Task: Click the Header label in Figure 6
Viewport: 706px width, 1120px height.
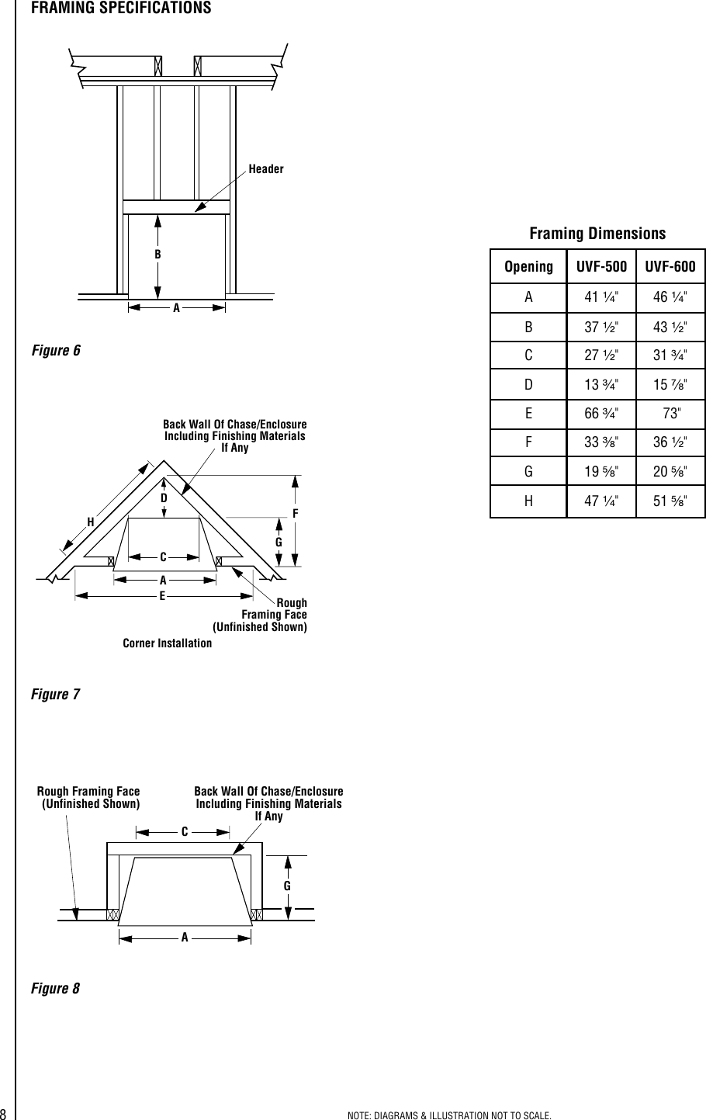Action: (x=266, y=169)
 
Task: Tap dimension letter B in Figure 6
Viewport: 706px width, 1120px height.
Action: (x=157, y=254)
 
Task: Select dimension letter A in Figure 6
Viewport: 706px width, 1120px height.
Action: (x=176, y=307)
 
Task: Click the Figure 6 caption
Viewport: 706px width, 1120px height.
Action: (x=55, y=350)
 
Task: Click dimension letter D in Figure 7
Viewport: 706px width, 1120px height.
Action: (x=164, y=497)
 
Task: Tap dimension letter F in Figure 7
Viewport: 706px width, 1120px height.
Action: (x=296, y=514)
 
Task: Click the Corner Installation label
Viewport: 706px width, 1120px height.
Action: (x=167, y=643)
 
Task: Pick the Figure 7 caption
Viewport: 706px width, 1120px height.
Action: (x=55, y=694)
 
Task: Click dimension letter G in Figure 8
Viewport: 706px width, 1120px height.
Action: (x=287, y=885)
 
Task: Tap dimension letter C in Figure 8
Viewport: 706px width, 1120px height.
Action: (x=185, y=831)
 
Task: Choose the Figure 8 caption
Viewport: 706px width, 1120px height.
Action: (x=55, y=989)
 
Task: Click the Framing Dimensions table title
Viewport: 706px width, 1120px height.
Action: (x=597, y=234)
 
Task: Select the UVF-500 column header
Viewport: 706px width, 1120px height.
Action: (x=600, y=267)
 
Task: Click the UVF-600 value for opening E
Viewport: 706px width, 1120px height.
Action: (x=670, y=410)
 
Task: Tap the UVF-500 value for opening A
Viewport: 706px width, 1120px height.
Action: (x=600, y=296)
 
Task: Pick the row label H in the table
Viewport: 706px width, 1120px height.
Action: (x=528, y=501)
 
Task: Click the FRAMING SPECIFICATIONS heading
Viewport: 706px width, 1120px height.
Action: (x=120, y=8)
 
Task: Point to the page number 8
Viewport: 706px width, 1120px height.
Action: (x=4, y=1114)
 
